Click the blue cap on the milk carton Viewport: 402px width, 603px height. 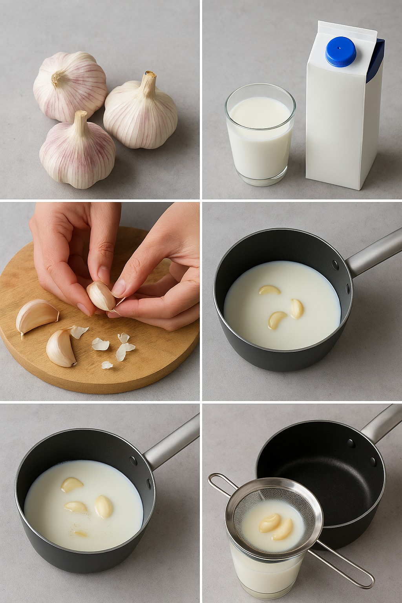[341, 51]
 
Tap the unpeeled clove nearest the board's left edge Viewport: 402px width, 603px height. [36, 314]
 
